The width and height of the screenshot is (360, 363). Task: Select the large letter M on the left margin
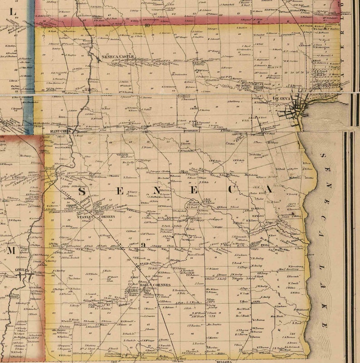point(10,250)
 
